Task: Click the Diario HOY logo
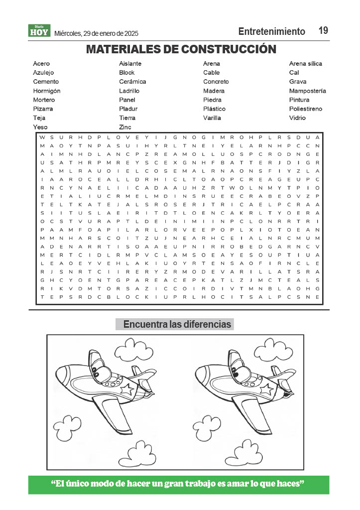[39, 31]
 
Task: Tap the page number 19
[323, 30]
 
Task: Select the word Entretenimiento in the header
[271, 31]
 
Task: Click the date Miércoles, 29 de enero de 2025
[96, 33]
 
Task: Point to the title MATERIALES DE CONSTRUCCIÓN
[181, 49]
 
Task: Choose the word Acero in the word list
[41, 64]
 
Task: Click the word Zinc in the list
[125, 127]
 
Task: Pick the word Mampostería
[307, 91]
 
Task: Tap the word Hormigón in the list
[47, 91]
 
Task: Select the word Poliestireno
[305, 109]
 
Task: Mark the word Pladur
[128, 109]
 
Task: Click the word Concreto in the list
[216, 82]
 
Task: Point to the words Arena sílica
[305, 64]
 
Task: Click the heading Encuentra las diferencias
[177, 325]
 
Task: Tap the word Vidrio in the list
[297, 118]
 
